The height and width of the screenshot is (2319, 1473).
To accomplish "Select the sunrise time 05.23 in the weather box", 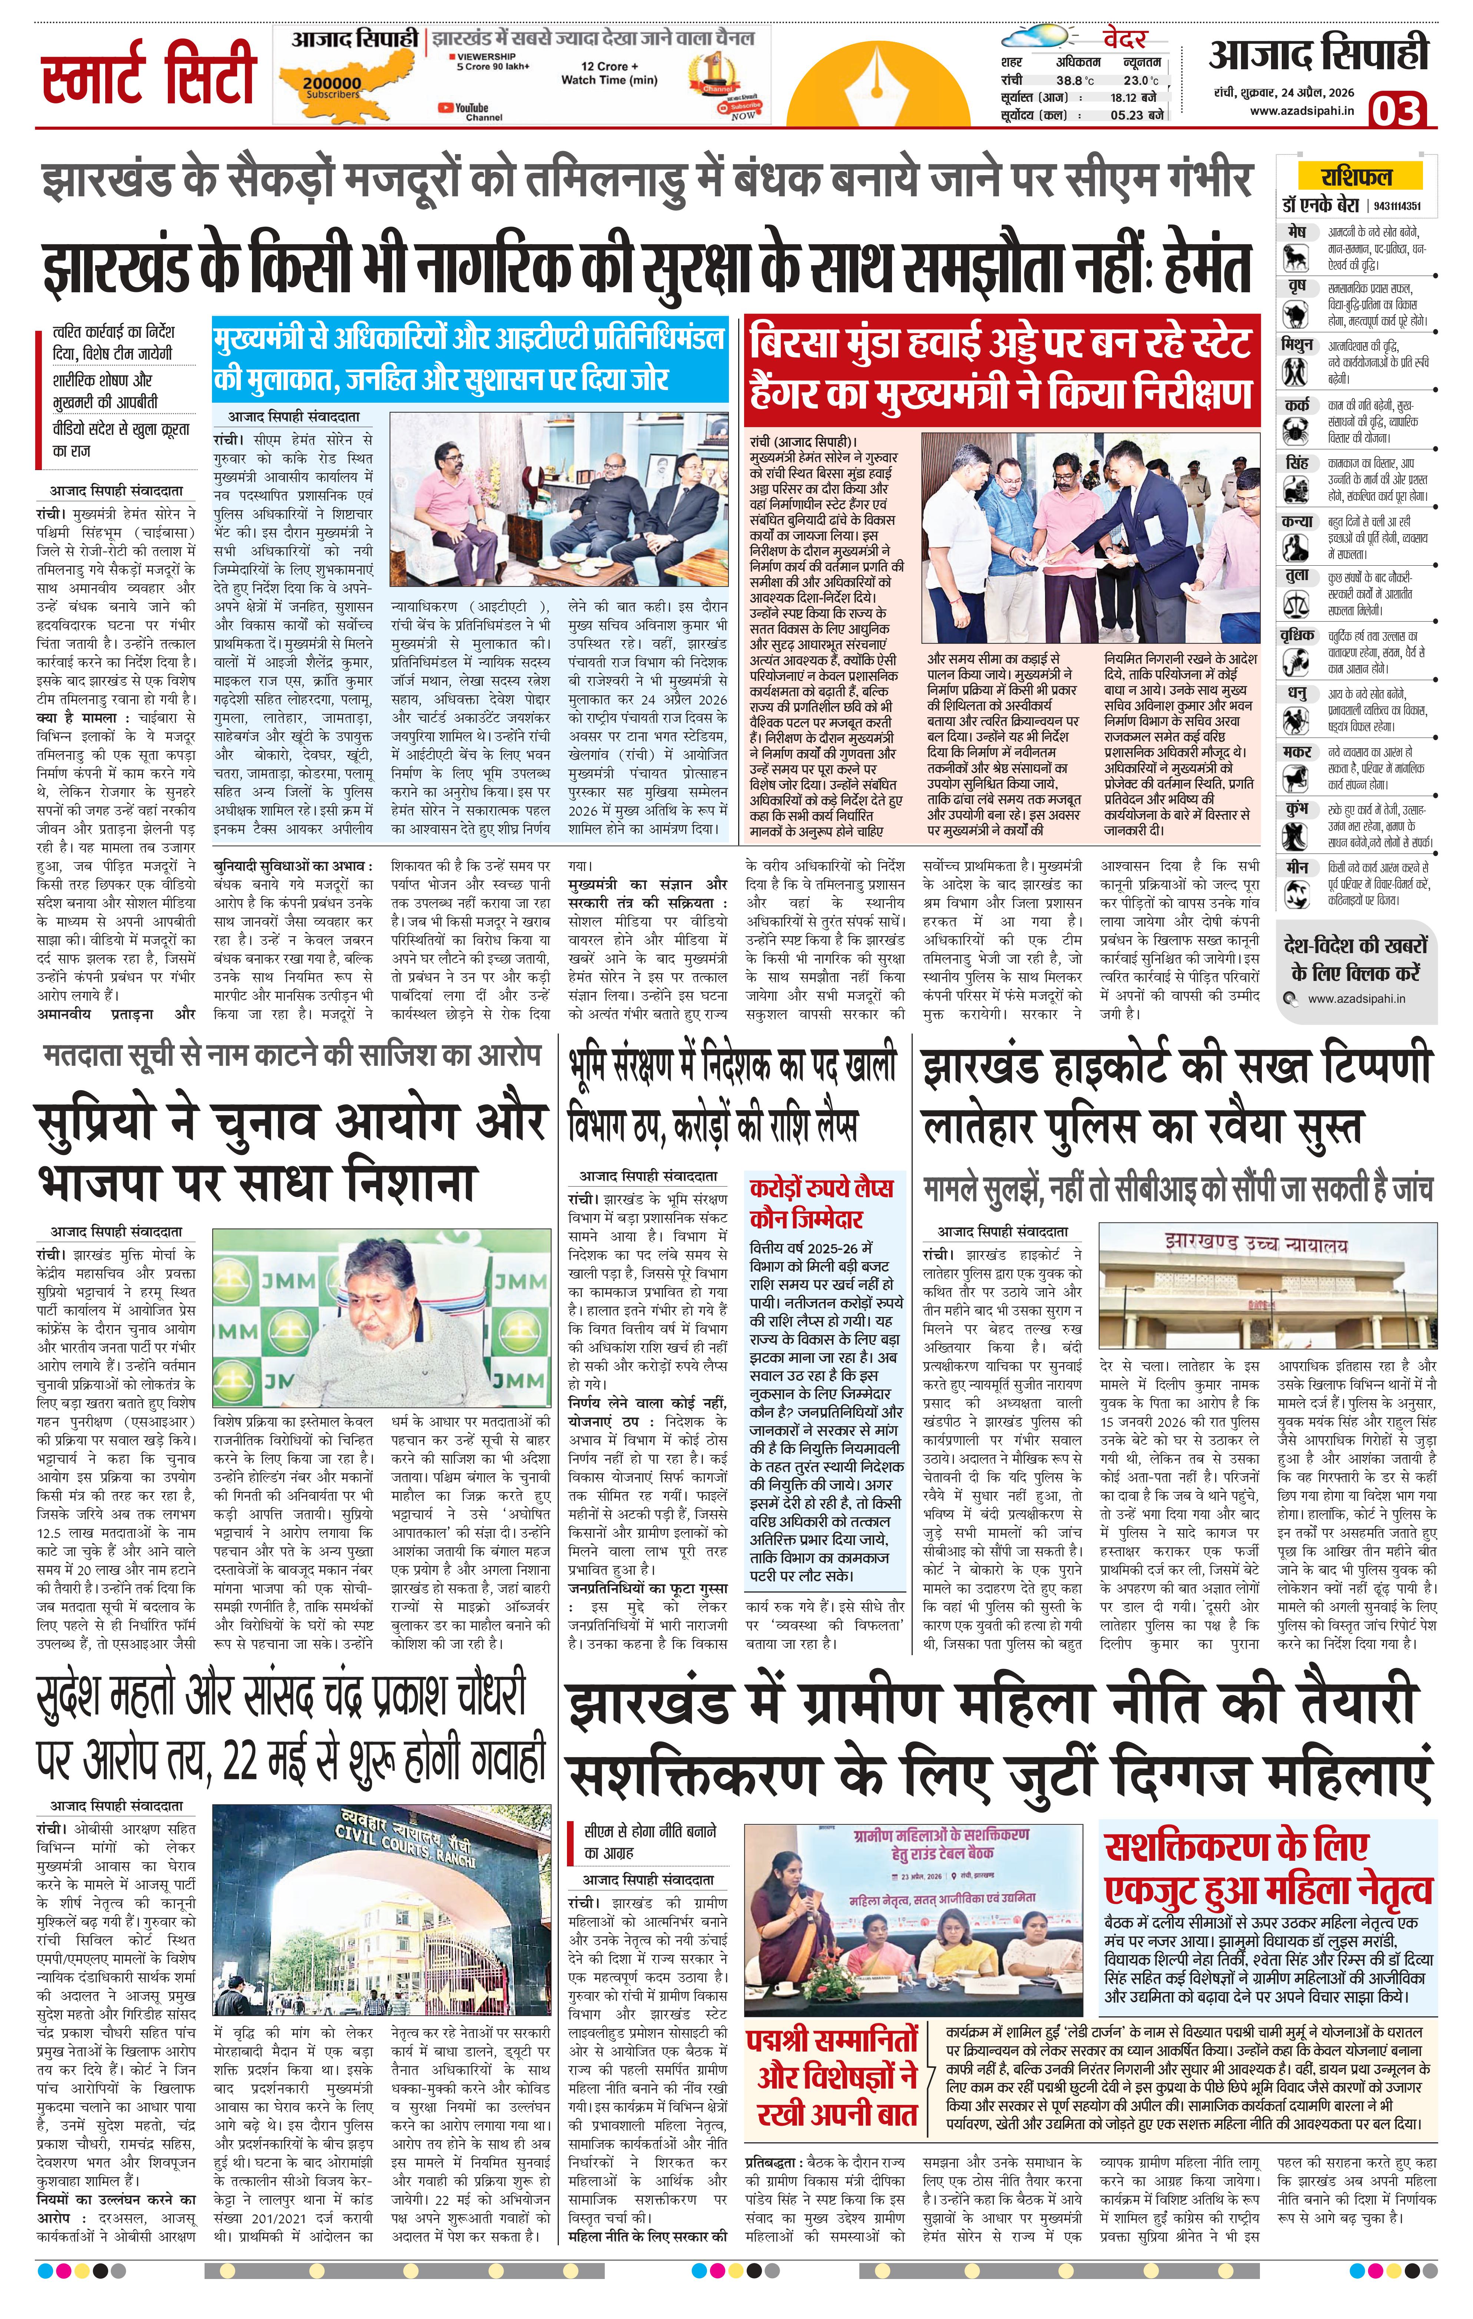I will [1133, 114].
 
